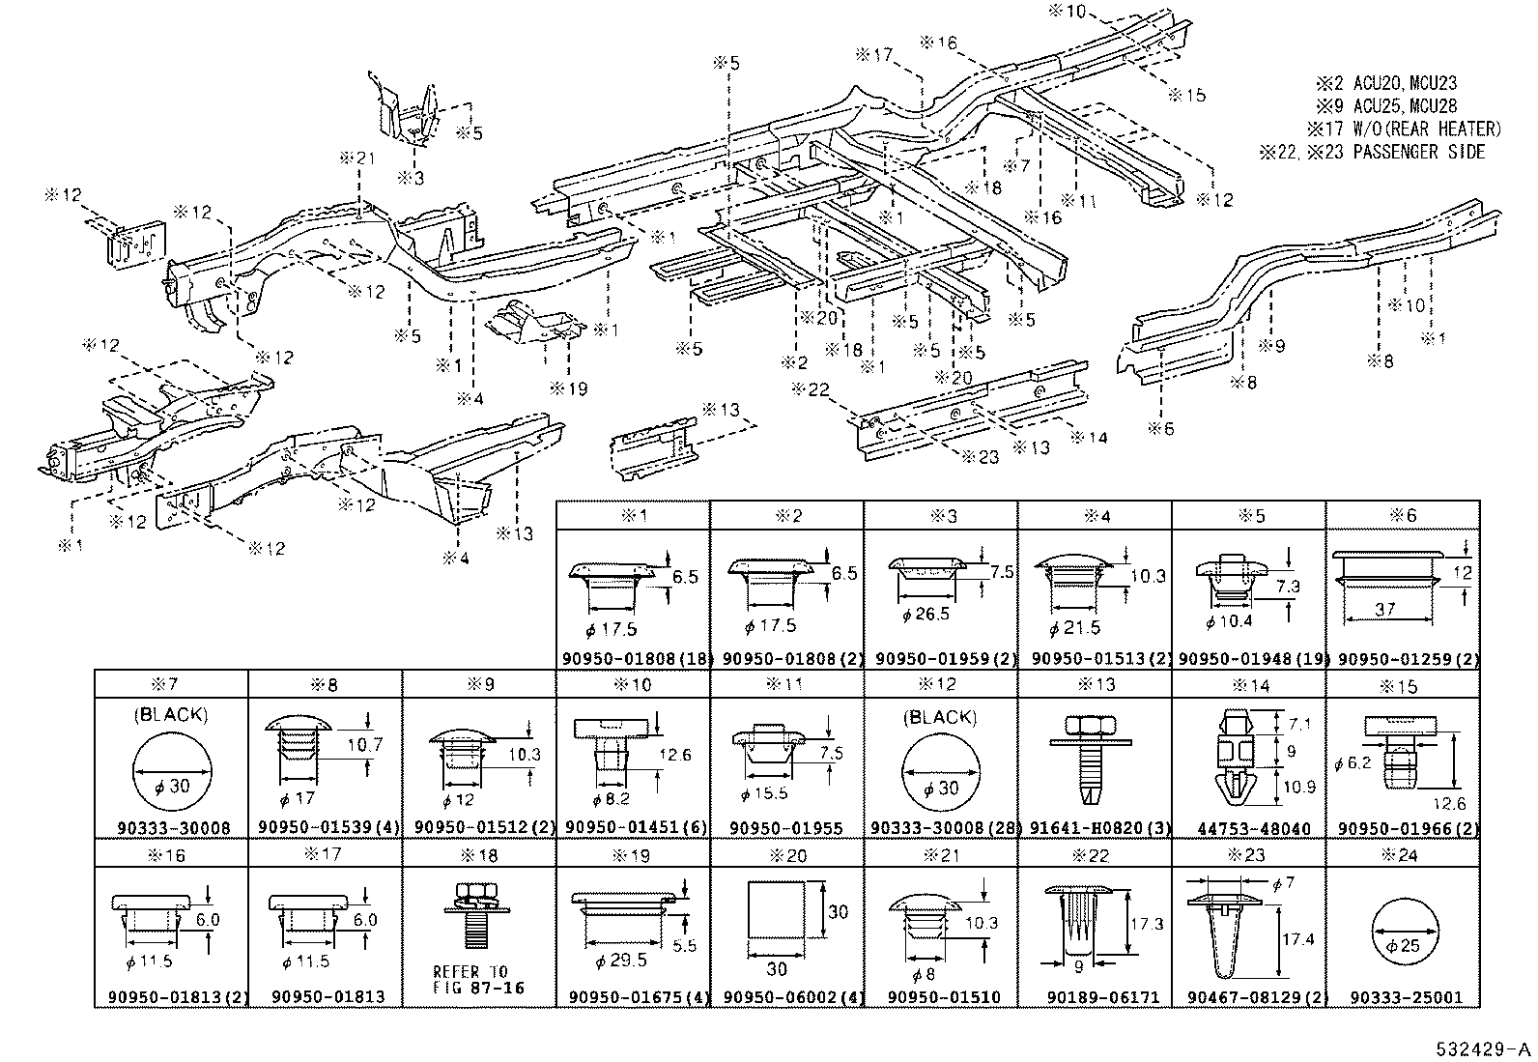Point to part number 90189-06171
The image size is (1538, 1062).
1096,997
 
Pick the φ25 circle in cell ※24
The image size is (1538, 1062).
1403,944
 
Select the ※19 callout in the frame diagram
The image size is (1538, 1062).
568,388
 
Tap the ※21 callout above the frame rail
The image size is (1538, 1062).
357,158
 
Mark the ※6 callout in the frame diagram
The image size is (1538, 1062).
1161,428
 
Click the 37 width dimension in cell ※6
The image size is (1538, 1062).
1386,609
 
